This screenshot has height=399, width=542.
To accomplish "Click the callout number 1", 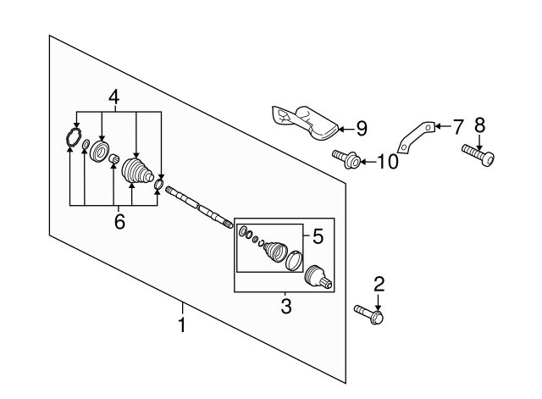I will pos(181,324).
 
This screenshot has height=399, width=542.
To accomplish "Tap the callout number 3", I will pos(285,304).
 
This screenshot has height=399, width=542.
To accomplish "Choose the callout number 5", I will pos(318,237).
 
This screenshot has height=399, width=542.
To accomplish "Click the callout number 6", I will pos(119,221).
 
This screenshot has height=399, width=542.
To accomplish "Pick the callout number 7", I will pos(457,127).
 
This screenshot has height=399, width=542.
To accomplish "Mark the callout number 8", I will pos(479,126).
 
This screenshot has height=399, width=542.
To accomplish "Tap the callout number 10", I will pos(386,161).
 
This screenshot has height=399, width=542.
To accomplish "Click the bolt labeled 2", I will pos(369,315).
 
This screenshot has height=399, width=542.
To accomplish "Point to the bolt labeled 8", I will pos(478,154).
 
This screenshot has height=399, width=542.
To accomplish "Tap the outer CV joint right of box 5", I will pos(317,276).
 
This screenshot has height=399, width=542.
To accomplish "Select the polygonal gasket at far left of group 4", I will pos(73,138).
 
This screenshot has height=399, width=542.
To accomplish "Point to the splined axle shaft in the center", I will pos(199,206).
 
